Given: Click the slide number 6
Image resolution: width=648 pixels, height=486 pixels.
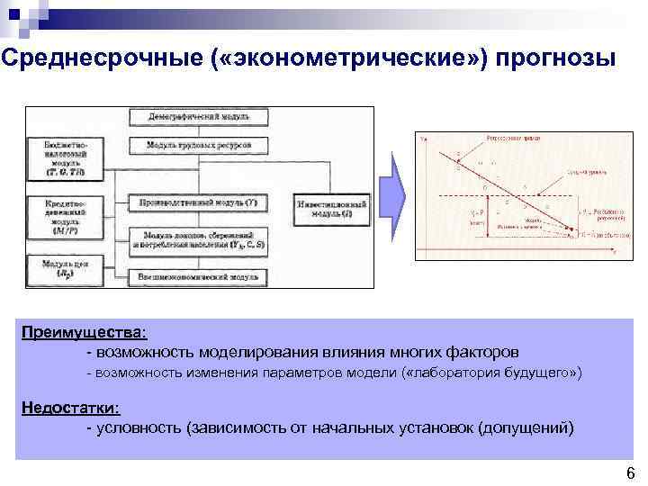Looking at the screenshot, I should pos(629,473).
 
